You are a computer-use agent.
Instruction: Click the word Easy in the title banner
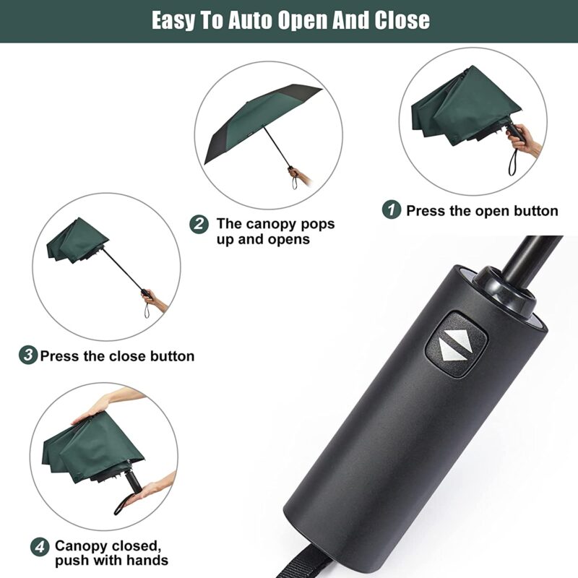click(177, 20)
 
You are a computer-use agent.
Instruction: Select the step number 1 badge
click(391, 210)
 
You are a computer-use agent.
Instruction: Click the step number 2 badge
click(200, 224)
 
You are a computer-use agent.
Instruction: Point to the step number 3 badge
click(28, 355)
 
